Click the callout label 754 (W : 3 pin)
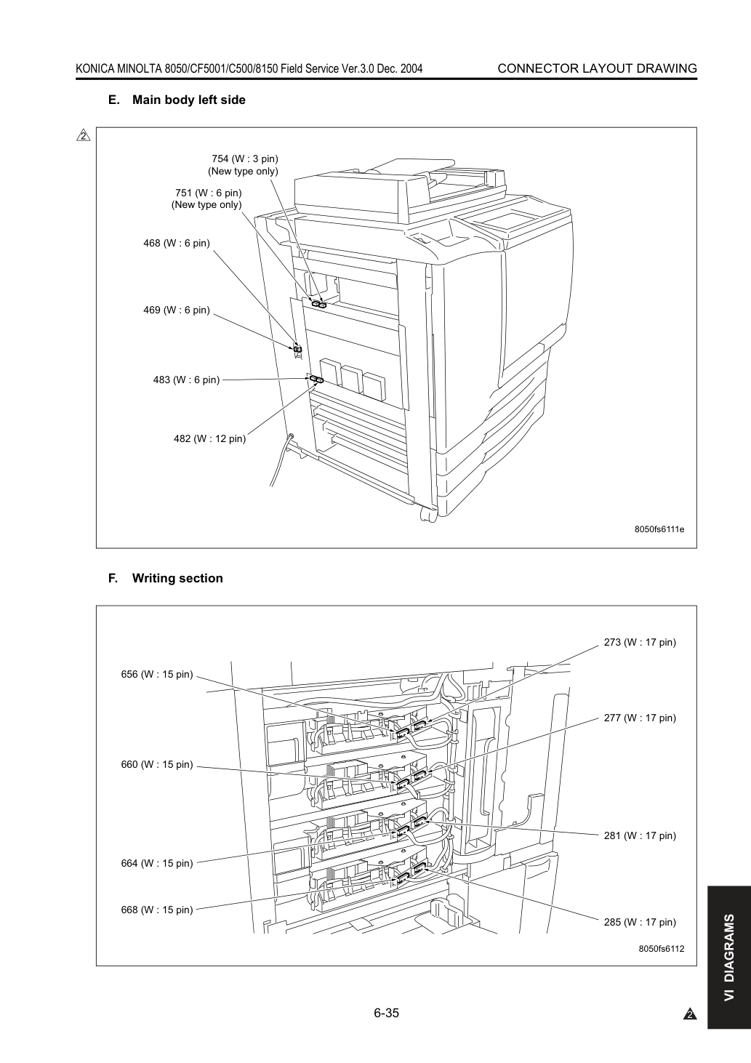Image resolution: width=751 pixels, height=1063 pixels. (245, 159)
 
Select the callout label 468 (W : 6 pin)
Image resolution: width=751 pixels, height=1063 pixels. (177, 244)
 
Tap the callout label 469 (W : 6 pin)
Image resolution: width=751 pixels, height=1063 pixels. (177, 310)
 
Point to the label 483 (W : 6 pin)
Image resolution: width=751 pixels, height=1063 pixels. (186, 380)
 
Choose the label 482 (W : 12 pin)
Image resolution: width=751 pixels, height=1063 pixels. (209, 439)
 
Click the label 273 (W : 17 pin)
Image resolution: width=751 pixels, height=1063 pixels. (640, 643)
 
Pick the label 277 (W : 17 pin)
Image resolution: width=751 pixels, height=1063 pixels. (640, 718)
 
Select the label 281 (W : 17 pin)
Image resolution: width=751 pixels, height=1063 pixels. (640, 835)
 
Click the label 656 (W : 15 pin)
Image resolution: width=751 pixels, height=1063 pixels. (157, 674)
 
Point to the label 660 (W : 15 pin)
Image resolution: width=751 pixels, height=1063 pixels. (157, 764)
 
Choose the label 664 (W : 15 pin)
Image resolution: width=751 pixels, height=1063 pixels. (157, 863)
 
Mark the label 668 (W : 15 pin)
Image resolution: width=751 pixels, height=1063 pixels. (157, 910)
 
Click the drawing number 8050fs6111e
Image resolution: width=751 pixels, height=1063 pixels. (659, 529)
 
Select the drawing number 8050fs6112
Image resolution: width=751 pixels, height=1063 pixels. (662, 949)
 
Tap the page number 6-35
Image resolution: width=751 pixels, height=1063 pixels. (387, 1013)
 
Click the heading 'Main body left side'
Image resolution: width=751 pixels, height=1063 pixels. (189, 100)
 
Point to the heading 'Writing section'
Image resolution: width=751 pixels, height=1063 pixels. (177, 579)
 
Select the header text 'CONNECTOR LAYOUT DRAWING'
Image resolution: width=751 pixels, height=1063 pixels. (598, 69)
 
